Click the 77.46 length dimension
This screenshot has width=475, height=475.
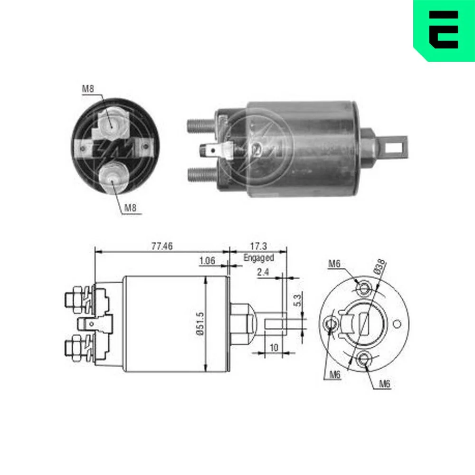(x=162, y=246)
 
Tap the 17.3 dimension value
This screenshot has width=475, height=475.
(x=258, y=246)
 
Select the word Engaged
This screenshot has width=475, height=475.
(x=259, y=258)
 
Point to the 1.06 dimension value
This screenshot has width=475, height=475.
(x=207, y=260)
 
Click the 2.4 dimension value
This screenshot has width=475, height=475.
(x=263, y=272)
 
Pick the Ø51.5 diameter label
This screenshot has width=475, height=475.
(x=200, y=323)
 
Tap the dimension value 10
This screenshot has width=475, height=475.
(x=274, y=348)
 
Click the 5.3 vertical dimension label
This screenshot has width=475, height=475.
(x=297, y=300)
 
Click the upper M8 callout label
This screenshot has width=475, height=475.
(x=88, y=89)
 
